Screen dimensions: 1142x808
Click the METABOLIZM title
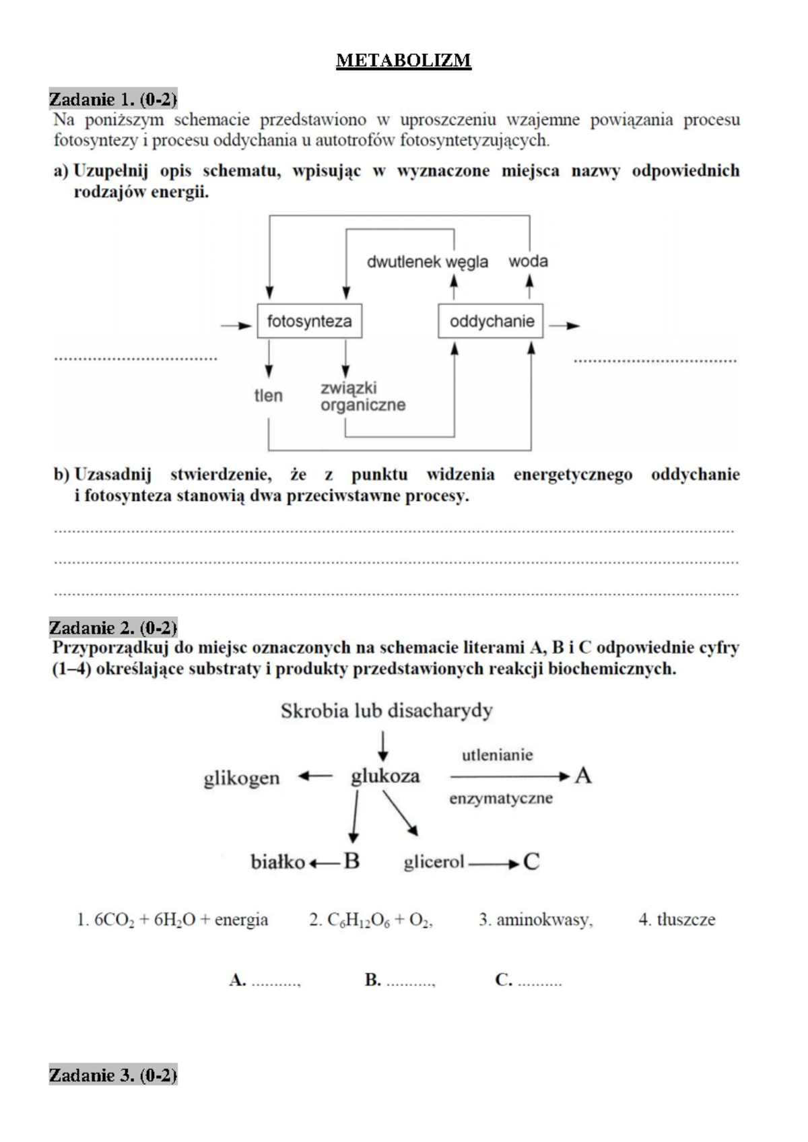click(403, 61)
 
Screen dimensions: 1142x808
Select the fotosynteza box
click(309, 321)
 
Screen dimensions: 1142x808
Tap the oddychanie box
click(491, 321)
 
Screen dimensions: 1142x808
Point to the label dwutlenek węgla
click(428, 262)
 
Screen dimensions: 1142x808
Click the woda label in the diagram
click(528, 261)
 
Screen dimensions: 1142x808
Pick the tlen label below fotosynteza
click(268, 396)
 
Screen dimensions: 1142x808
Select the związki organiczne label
click(362, 397)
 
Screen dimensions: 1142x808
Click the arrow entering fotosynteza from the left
click(236, 326)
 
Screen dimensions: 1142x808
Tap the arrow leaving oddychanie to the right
click(564, 326)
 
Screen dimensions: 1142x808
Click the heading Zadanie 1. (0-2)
click(113, 100)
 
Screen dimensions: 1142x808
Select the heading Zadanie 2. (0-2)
click(113, 628)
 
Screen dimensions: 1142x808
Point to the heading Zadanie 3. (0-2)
click(113, 1075)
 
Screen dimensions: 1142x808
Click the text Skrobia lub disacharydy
click(386, 711)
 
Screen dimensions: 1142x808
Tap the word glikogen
click(242, 778)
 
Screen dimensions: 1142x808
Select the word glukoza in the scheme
click(385, 776)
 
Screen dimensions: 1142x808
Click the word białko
click(277, 862)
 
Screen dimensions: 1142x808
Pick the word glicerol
click(434, 862)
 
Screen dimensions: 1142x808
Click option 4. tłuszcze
click(677, 920)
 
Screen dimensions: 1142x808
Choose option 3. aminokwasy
click(535, 920)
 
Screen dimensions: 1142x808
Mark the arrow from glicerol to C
click(494, 863)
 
